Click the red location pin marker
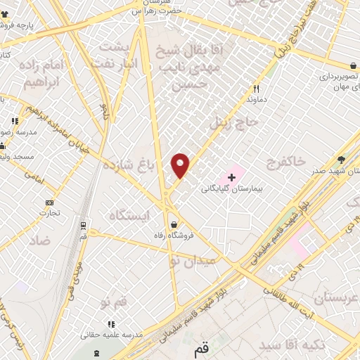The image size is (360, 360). (x=181, y=165)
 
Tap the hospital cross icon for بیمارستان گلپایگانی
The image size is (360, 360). (x=231, y=176)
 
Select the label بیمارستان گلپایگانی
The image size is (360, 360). (x=231, y=188)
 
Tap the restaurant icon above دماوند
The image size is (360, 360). (x=256, y=89)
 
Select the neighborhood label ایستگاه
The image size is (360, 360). (x=132, y=215)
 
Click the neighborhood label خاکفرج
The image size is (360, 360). (x=287, y=163)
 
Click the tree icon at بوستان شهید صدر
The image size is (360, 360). (x=342, y=159)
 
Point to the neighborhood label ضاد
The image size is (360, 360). (x=41, y=240)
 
